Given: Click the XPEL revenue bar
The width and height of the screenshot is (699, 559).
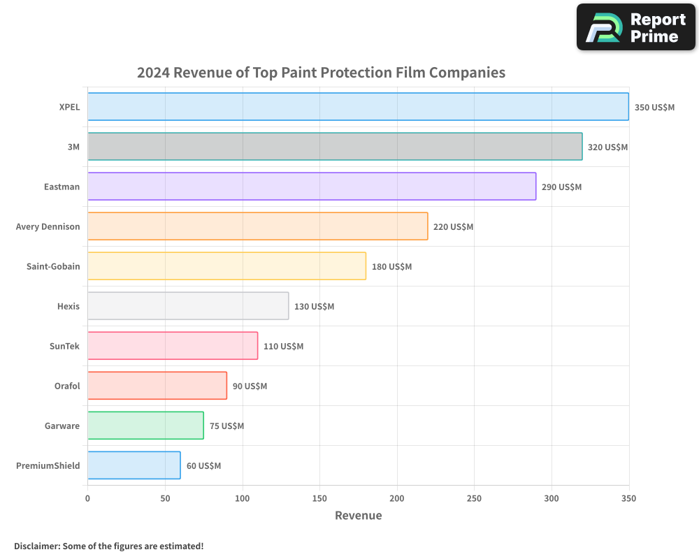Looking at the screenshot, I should [358, 107].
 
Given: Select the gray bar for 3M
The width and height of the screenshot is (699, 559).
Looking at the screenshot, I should [335, 147].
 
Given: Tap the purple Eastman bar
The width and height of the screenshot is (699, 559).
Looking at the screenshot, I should [312, 187].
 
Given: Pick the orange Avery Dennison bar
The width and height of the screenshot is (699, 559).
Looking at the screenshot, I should [257, 226].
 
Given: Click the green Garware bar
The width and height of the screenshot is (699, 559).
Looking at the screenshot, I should [145, 426].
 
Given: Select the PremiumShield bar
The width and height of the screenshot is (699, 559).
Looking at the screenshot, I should [134, 465].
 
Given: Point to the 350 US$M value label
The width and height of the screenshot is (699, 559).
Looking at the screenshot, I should [654, 108].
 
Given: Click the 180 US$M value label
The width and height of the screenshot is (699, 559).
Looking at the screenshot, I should [391, 267].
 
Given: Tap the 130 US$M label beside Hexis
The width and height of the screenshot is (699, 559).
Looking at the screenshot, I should [314, 307].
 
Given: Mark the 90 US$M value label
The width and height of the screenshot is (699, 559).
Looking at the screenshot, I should [250, 386].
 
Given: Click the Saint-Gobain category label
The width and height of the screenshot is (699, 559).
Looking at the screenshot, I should [48, 266].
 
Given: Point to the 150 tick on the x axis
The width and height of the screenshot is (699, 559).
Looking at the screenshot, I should [319, 498].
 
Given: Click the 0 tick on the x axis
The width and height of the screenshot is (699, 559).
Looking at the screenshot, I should [87, 498].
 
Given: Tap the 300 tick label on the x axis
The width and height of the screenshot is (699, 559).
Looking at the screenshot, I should [552, 498].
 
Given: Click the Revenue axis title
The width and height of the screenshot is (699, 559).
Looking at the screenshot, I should [358, 516].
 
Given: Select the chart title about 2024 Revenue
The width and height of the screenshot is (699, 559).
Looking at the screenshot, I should [321, 72].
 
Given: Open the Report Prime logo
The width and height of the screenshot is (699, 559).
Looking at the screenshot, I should [635, 27].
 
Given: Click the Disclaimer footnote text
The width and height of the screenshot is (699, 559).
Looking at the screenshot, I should [108, 546].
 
